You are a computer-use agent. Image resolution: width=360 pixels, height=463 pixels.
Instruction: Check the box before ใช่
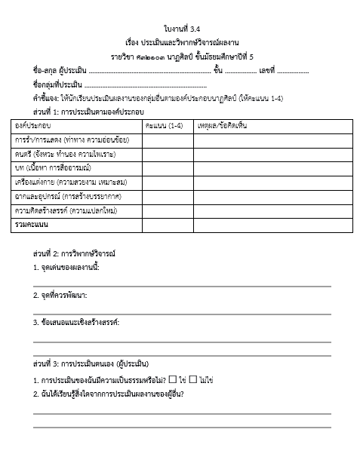pos(174,379)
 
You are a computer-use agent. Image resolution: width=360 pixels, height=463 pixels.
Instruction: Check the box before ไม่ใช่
pos(193,379)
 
